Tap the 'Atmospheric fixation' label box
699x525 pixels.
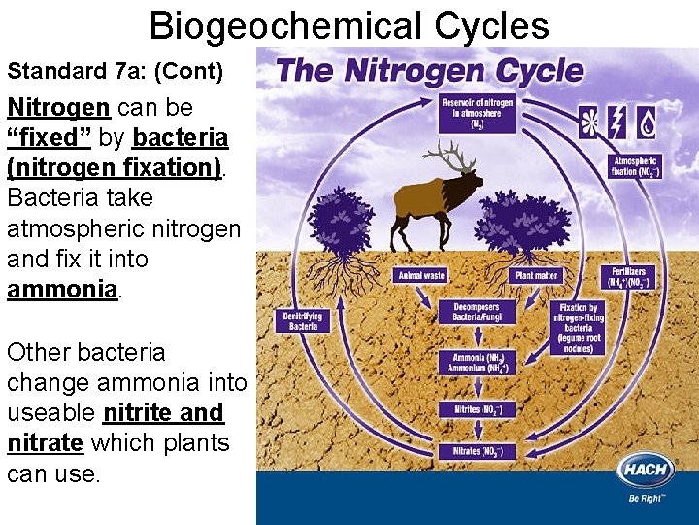(635, 166)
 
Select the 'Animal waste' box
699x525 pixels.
(420, 275)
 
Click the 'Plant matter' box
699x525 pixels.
(535, 275)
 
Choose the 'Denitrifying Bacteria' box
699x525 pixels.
(303, 321)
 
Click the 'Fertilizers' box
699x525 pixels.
(628, 277)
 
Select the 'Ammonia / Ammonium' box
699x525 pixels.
(477, 362)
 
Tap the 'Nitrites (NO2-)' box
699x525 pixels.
(477, 409)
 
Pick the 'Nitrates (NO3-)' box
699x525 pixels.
(477, 451)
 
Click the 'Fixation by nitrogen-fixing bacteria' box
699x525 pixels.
(578, 329)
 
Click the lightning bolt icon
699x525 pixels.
(617, 122)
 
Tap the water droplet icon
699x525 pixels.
(646, 122)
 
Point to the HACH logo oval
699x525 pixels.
(645, 471)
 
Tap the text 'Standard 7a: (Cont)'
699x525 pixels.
(116, 71)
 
